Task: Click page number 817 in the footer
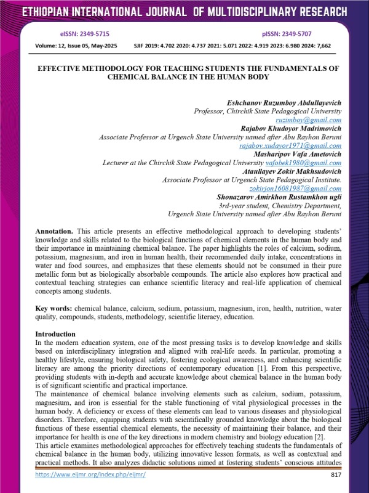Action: click(x=335, y=475)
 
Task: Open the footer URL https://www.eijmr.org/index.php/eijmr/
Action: click(x=90, y=475)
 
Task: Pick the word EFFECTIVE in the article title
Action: click(x=65, y=69)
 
